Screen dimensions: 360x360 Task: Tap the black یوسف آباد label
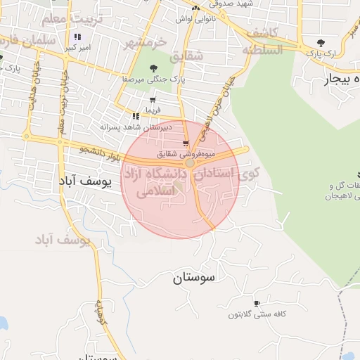(86, 180)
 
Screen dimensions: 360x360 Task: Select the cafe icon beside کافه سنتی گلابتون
(257, 303)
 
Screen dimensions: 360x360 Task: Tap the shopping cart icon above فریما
(153, 101)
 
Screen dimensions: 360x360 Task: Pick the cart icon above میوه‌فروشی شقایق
(186, 143)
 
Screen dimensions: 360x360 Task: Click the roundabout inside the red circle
(190, 162)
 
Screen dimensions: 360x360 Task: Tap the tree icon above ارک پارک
(321, 43)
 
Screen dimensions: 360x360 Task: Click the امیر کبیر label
(76, 48)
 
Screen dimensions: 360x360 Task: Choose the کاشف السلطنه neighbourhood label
(262, 42)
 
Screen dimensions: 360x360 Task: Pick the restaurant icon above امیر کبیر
(76, 37)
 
